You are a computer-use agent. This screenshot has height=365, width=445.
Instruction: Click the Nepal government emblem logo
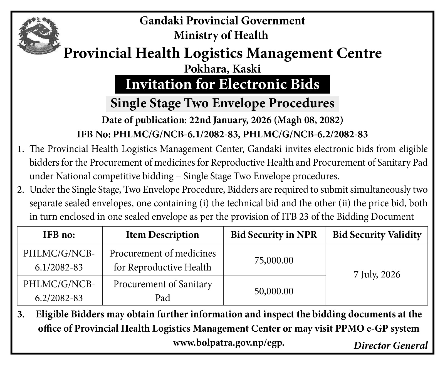click(39, 35)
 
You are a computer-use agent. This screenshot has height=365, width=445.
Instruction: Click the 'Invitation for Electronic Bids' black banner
click(222, 84)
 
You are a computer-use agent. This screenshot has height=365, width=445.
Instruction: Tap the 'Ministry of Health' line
click(221, 35)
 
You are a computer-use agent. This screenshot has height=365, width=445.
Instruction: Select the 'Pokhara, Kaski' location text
click(222, 68)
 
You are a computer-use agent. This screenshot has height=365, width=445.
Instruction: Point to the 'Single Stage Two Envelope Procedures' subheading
click(222, 103)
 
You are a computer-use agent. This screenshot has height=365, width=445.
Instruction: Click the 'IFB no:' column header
click(59, 235)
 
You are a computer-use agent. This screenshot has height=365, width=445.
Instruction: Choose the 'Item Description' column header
click(162, 235)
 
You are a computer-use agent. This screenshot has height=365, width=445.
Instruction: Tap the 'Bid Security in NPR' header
click(274, 235)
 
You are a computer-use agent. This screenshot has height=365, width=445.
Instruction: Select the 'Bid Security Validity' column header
click(377, 235)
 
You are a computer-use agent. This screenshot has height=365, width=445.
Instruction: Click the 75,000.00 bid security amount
click(274, 260)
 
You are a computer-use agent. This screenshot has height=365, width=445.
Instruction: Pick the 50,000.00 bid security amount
click(274, 291)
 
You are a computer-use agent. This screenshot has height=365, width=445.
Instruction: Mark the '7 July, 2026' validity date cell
click(377, 275)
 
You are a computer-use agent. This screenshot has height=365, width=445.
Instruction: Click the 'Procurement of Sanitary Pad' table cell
click(162, 291)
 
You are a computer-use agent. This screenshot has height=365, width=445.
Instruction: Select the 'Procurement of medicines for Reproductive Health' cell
click(162, 260)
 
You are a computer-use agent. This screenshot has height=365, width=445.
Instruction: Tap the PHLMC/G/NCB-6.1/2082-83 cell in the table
click(59, 260)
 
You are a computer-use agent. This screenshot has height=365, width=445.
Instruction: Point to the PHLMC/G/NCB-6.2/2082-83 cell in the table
click(59, 291)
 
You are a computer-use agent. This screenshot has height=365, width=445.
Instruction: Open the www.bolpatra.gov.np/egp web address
click(229, 343)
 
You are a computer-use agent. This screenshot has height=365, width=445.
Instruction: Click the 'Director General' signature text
click(390, 346)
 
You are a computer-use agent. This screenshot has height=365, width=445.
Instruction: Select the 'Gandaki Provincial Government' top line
click(222, 21)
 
